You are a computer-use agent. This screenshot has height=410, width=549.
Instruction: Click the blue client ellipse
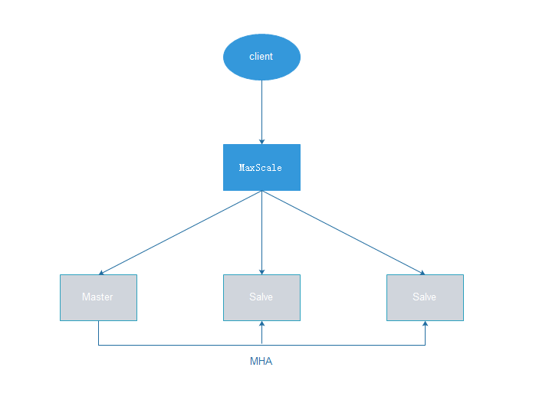261,57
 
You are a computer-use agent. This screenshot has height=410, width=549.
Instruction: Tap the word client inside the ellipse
261,56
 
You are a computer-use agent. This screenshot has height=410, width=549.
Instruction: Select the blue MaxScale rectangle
261,167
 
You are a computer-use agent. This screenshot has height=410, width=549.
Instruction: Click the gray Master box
98,297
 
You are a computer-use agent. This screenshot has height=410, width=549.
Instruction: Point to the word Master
97,297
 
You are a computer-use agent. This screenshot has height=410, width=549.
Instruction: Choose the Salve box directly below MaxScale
261,297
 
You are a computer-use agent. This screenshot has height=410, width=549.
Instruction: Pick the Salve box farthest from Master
425,297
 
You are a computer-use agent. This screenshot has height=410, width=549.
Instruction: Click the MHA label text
261,361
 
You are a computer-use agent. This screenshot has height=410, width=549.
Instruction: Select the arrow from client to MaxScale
261,113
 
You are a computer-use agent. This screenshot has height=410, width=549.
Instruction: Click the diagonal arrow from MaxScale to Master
180,233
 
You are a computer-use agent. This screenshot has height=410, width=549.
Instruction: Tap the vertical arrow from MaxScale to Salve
261,233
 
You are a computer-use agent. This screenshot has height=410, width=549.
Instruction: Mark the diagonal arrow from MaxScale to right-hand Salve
344,233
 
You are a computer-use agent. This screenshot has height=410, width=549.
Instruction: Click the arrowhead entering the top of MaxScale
261,142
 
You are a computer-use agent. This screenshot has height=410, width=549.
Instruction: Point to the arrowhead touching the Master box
101,273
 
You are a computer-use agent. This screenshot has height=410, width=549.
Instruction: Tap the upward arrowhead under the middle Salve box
261,323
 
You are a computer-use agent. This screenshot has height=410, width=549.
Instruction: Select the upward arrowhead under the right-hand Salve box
425,323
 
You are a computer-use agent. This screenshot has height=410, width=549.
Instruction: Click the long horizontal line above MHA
261,346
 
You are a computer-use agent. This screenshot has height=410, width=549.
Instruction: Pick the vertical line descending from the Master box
98,333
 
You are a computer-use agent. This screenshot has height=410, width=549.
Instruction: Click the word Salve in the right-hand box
424,297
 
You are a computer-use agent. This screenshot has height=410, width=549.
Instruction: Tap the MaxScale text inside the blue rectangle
260,168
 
